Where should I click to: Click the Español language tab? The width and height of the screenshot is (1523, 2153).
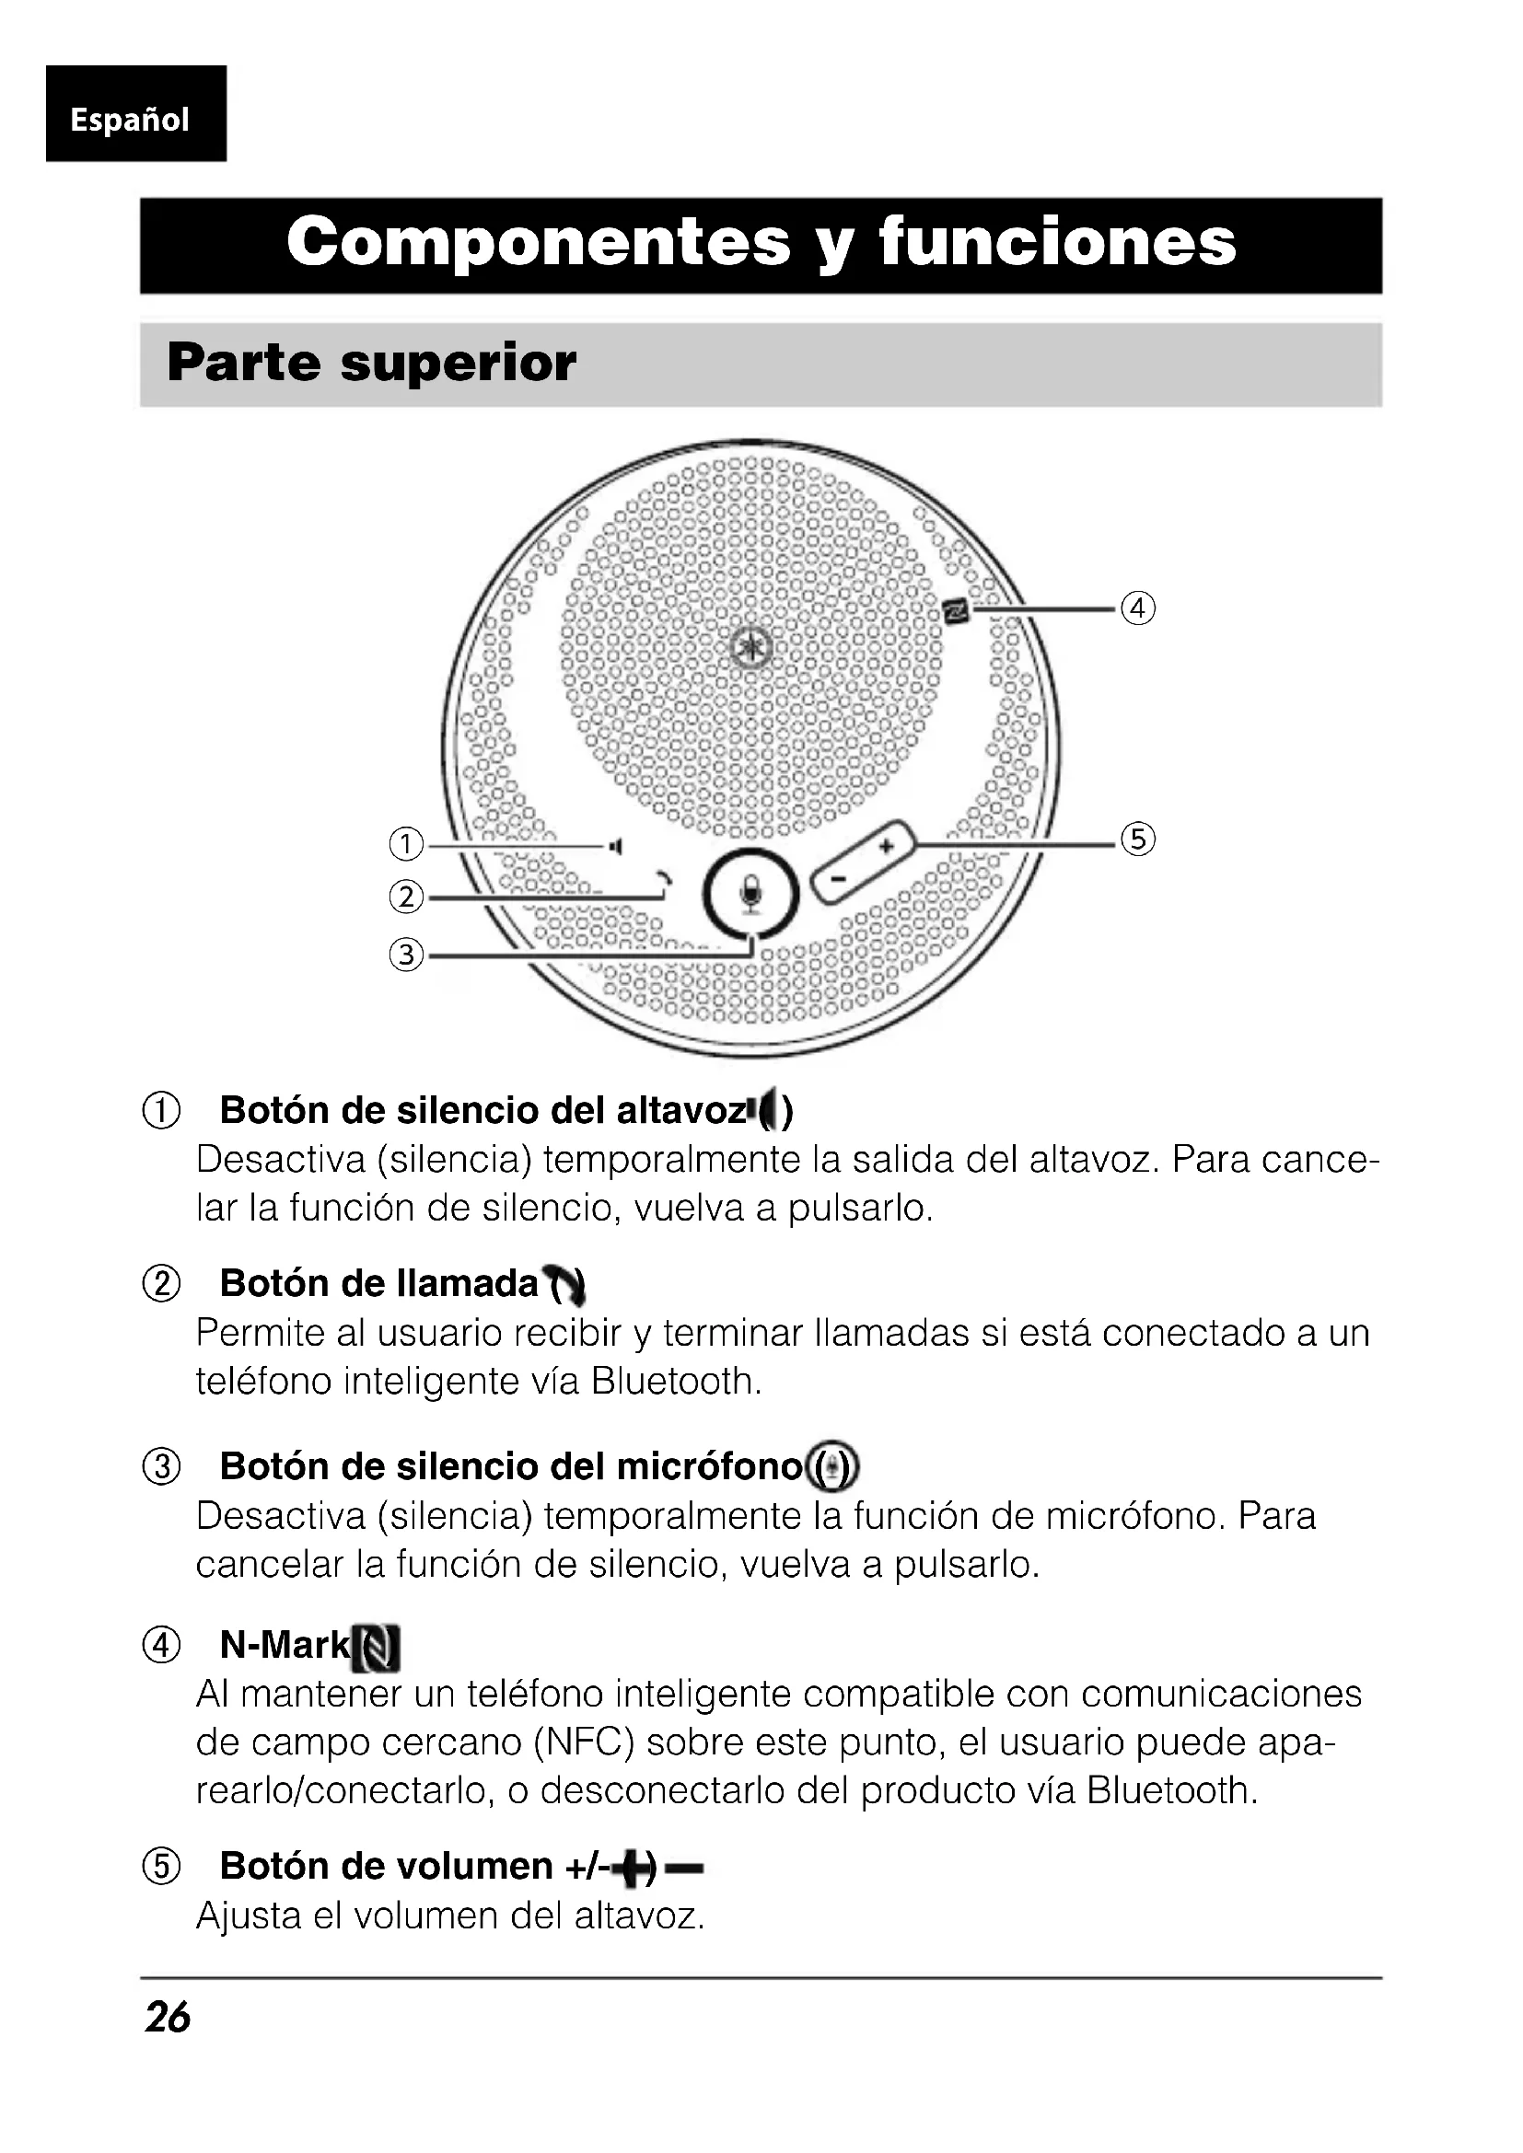click(x=131, y=119)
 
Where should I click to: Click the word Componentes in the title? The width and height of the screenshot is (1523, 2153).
click(x=539, y=243)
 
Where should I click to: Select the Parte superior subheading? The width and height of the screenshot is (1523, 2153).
click(x=371, y=363)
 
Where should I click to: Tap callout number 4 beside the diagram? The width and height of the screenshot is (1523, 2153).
click(x=1137, y=608)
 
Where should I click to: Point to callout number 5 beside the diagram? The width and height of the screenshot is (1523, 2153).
click(x=1137, y=839)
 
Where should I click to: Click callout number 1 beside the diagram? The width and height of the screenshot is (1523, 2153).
click(x=406, y=845)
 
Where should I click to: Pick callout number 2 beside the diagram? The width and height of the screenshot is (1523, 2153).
click(x=406, y=897)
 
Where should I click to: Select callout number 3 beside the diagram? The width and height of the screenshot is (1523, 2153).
click(x=406, y=955)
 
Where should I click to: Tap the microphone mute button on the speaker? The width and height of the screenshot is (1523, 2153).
click(x=750, y=893)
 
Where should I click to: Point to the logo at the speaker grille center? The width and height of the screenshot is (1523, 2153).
click(x=751, y=647)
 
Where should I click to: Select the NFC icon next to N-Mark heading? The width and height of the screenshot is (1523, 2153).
click(x=377, y=1649)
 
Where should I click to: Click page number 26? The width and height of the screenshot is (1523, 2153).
click(x=168, y=2016)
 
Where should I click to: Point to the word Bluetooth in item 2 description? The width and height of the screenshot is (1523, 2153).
click(x=675, y=1382)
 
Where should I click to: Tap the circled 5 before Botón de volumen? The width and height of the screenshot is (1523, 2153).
click(x=161, y=1866)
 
